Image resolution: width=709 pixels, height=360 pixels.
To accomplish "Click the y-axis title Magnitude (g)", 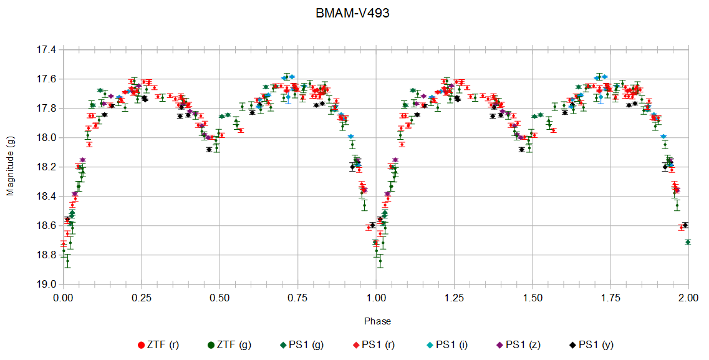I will pyautogui.click(x=10, y=167).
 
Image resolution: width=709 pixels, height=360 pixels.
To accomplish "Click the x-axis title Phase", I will pyautogui.click(x=377, y=321).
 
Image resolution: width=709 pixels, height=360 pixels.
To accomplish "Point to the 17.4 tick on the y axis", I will pyautogui.click(x=47, y=49).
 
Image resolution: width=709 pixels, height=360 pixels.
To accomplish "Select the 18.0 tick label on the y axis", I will pyautogui.click(x=47, y=138).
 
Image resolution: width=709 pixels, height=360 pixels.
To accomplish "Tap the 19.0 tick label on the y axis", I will pyautogui.click(x=47, y=285).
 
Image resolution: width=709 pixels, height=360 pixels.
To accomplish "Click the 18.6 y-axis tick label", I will pyautogui.click(x=47, y=226).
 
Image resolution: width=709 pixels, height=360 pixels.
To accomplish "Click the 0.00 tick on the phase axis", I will pyautogui.click(x=63, y=298).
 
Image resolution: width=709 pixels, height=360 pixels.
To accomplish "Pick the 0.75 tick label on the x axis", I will pyautogui.click(x=297, y=298).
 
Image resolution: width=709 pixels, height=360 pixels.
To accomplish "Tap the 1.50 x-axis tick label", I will pyautogui.click(x=532, y=298).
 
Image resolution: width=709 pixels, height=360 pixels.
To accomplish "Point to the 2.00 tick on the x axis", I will pyautogui.click(x=688, y=298).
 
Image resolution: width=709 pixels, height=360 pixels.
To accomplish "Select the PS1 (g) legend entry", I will pyautogui.click(x=302, y=344).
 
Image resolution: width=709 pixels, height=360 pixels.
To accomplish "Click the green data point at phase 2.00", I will pyautogui.click(x=688, y=242).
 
